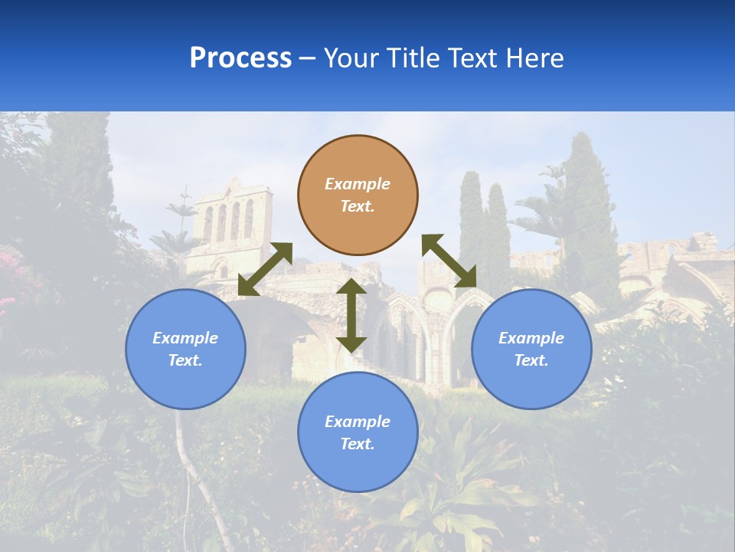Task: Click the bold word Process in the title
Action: click(240, 58)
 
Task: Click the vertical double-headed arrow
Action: click(351, 315)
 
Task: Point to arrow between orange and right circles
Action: click(449, 261)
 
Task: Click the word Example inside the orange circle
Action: click(358, 184)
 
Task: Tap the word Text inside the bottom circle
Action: click(356, 444)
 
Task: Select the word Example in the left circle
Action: click(185, 338)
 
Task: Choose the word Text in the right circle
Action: click(530, 360)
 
